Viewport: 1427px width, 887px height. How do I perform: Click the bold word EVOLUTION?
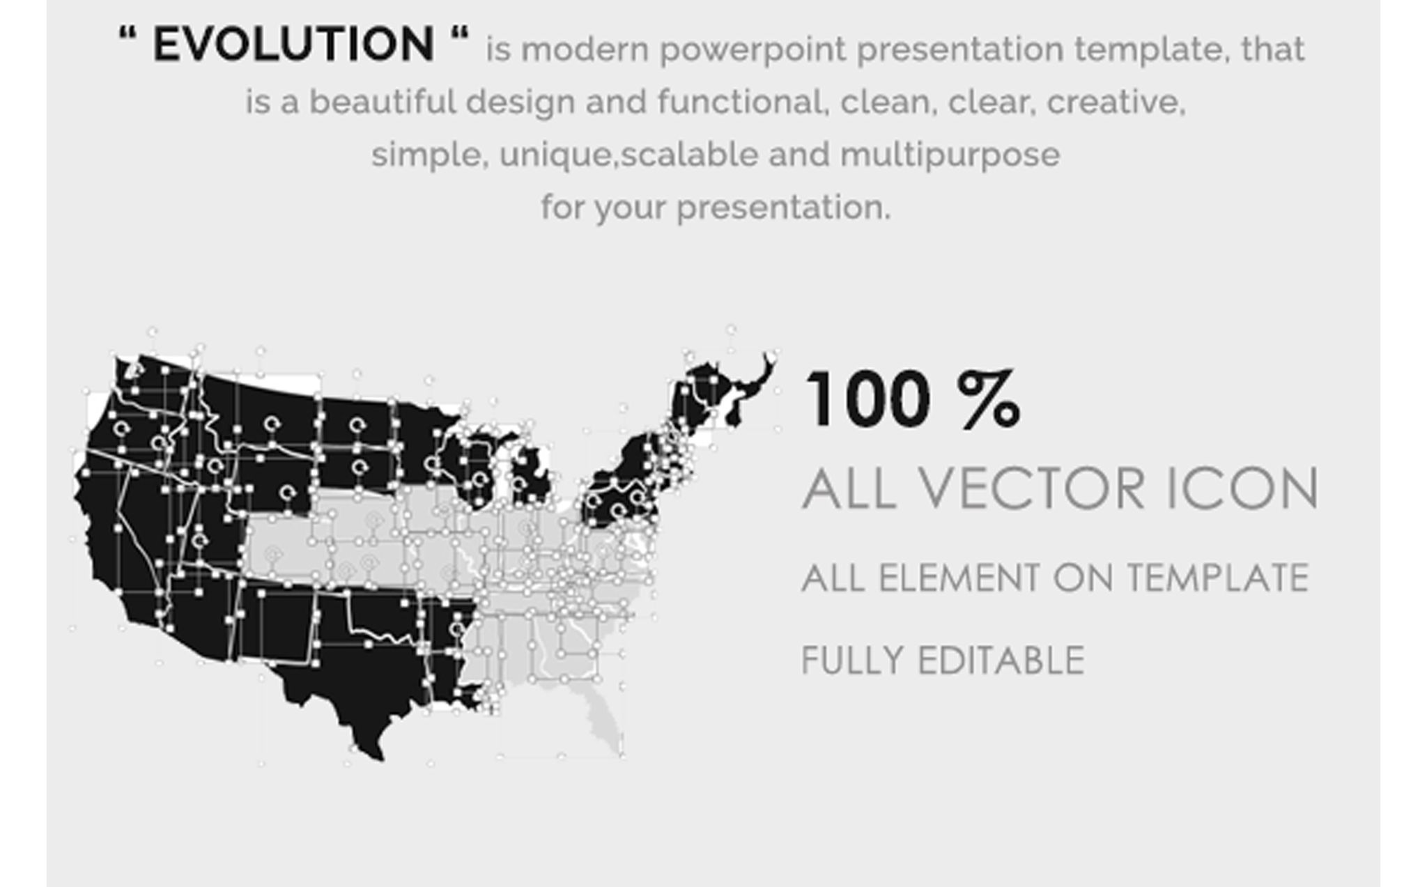[x=293, y=44]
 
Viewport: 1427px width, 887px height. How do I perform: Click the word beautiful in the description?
[x=382, y=102]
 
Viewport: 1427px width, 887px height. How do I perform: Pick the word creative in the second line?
[x=1116, y=102]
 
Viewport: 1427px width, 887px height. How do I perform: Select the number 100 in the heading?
[x=867, y=400]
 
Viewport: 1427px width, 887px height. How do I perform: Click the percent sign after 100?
[x=989, y=400]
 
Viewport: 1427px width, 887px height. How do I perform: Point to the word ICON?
[x=1241, y=488]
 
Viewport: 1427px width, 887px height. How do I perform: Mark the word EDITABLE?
[x=1001, y=661]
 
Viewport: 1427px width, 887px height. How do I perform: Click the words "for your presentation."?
[x=716, y=208]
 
